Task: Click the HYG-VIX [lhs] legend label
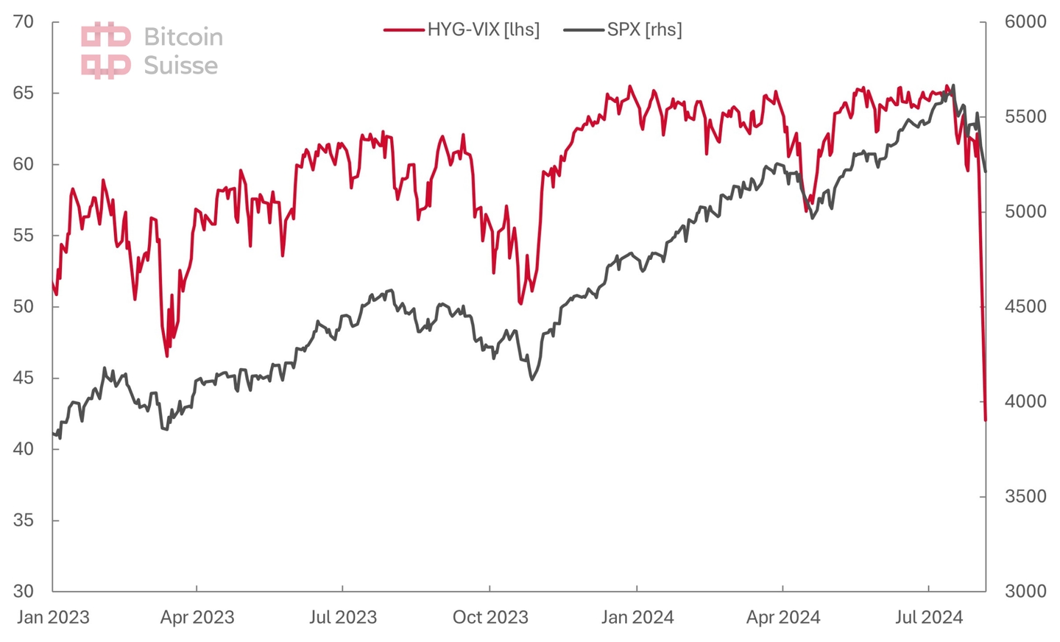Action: point(483,29)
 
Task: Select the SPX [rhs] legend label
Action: point(644,29)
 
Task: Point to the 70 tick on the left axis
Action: point(24,21)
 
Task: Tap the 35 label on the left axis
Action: point(24,520)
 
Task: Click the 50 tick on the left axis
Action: point(24,306)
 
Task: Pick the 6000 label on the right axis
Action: point(1025,21)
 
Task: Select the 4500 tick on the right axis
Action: point(1025,306)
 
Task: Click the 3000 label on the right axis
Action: point(1025,591)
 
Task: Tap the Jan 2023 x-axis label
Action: point(53,617)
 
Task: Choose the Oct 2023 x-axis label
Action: point(490,617)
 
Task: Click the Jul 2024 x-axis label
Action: point(928,617)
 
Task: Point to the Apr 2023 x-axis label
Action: point(197,617)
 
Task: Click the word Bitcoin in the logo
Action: point(183,37)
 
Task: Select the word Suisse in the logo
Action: point(181,66)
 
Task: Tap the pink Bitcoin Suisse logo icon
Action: point(106,51)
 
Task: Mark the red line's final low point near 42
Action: point(985,420)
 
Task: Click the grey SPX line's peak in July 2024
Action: point(954,85)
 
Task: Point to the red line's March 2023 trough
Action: point(167,356)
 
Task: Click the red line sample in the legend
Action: point(404,30)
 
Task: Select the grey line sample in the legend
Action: point(584,30)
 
